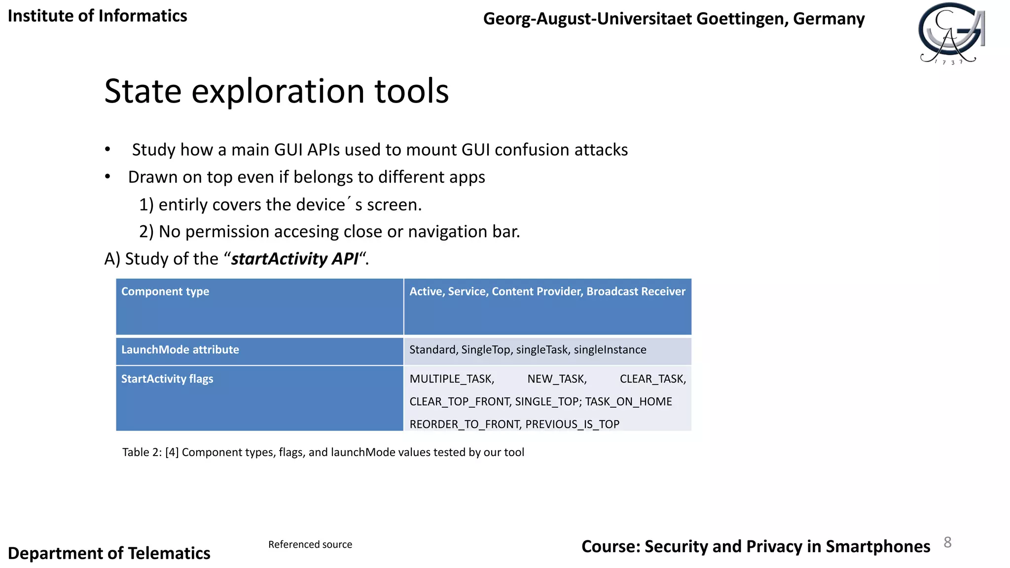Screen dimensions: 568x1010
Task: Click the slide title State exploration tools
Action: (276, 91)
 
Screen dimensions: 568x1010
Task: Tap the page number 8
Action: (947, 542)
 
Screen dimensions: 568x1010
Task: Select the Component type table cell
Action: (165, 291)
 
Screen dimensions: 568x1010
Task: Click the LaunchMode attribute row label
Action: (180, 350)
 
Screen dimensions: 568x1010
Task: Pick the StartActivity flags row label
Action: (167, 379)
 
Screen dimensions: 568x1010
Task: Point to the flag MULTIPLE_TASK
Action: (452, 379)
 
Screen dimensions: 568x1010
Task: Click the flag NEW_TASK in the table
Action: (557, 379)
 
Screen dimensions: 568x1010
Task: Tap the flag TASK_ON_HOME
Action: (628, 401)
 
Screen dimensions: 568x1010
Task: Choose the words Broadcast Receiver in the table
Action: (636, 291)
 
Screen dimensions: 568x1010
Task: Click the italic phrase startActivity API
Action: (294, 259)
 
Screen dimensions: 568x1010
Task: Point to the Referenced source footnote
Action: (310, 544)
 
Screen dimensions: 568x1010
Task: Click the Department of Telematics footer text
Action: (109, 553)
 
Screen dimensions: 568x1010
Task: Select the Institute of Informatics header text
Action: (97, 16)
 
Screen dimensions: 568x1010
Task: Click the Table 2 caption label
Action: (142, 452)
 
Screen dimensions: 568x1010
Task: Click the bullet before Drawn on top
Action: (108, 177)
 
